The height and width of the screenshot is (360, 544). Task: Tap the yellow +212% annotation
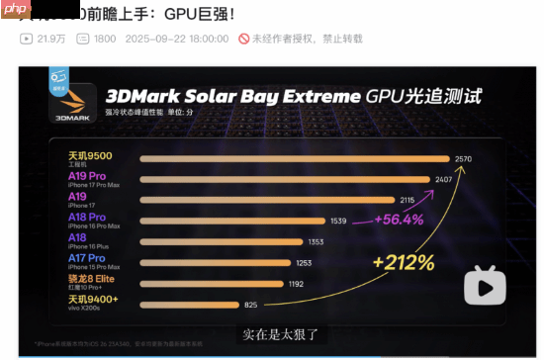tap(403, 262)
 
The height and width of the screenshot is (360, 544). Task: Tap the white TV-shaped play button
tap(485, 286)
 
